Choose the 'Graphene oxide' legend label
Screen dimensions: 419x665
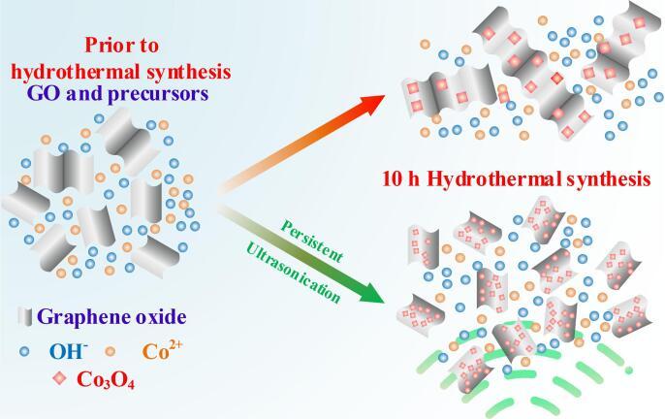(x=106, y=316)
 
